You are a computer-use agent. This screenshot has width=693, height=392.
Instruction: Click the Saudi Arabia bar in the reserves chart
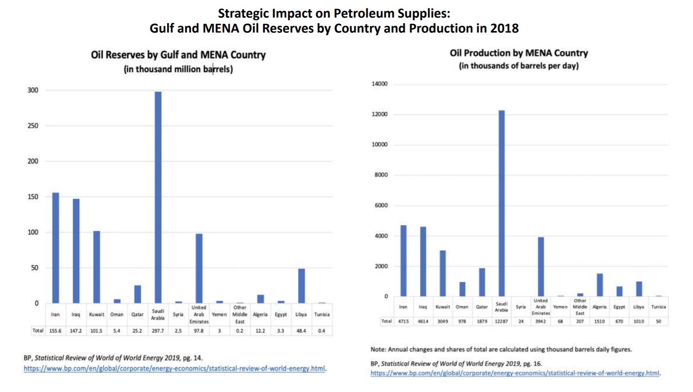tap(158, 197)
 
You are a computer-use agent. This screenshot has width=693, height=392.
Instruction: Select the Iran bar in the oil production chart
tap(403, 261)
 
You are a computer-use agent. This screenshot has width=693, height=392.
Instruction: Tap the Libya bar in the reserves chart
tap(301, 286)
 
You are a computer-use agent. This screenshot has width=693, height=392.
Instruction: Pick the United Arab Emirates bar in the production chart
tap(541, 267)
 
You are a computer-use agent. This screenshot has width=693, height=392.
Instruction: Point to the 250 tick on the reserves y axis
tap(33, 126)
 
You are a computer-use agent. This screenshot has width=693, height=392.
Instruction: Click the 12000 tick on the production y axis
tap(379, 114)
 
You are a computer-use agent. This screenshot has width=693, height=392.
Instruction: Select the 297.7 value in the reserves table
tap(158, 331)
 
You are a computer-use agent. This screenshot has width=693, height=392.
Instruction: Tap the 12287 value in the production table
tap(501, 321)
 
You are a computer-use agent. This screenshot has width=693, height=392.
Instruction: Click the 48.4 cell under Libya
tap(301, 331)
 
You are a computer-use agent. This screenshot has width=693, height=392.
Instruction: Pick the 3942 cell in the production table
tap(541, 321)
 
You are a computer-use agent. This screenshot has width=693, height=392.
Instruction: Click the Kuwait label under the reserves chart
tap(96, 314)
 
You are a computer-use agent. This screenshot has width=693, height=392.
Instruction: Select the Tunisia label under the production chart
tap(658, 307)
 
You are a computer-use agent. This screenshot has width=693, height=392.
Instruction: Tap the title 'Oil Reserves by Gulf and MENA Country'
tap(178, 55)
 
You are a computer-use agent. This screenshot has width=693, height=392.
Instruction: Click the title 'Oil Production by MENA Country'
tap(519, 53)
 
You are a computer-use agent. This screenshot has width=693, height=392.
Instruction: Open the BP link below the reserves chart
tap(174, 368)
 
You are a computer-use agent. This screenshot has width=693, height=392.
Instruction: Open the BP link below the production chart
tap(515, 373)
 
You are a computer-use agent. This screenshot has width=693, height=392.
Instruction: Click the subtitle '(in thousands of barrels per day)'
tap(519, 66)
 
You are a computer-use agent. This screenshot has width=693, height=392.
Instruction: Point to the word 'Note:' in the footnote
tap(378, 349)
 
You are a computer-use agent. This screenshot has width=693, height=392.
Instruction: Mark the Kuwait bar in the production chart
tap(443, 273)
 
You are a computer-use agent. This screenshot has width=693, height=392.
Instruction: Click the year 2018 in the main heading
tap(504, 28)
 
